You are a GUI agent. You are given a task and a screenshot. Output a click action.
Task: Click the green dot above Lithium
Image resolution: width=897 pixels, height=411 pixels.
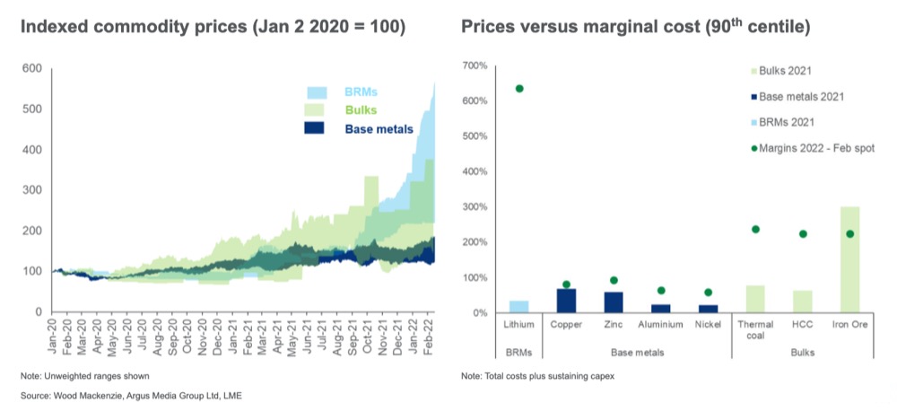point(519,89)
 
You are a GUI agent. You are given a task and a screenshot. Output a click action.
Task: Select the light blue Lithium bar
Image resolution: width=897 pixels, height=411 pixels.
point(519,307)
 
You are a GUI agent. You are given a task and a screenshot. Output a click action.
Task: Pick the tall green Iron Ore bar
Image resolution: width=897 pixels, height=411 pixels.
point(849,260)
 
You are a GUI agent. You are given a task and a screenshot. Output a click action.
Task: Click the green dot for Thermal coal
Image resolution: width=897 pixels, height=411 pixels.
point(755,230)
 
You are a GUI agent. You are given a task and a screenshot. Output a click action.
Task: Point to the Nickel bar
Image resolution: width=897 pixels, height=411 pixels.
point(709,309)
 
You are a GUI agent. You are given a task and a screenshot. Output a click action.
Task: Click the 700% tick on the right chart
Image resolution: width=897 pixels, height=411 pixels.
point(475,66)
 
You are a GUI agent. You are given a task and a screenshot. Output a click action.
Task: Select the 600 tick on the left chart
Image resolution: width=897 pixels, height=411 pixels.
point(32,68)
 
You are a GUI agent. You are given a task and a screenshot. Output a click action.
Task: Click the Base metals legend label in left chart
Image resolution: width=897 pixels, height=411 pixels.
point(379,128)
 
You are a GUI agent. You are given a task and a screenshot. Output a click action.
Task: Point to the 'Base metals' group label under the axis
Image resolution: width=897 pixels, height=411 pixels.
point(638,352)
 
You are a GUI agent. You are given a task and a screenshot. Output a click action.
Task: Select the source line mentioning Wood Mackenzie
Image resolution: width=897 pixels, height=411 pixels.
point(126,395)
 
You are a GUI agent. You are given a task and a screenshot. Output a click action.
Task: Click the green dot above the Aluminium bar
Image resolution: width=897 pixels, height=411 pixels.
point(661,291)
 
